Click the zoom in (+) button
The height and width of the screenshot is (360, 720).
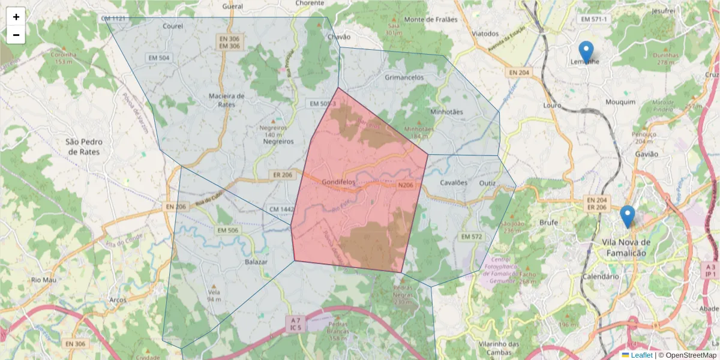point(16,17)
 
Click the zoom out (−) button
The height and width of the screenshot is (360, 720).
point(16,35)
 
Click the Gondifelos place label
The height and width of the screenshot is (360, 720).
point(338,181)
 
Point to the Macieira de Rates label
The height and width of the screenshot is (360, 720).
point(226,100)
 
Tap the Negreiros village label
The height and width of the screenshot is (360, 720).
point(278,142)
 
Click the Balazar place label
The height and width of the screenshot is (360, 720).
point(256,262)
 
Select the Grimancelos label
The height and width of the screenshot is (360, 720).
point(404,77)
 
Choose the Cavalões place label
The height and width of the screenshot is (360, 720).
point(453,182)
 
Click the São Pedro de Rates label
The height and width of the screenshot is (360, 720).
point(84,146)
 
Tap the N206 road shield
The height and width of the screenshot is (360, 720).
point(406,185)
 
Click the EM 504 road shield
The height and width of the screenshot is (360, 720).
point(158,58)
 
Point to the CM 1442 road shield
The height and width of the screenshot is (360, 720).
point(281,208)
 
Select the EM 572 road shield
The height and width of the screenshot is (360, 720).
point(471,237)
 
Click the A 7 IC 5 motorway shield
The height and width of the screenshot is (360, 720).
point(296,323)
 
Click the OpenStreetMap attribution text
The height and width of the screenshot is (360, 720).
point(687,355)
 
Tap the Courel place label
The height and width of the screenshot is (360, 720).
point(173,26)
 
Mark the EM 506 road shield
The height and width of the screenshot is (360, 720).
point(227,230)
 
